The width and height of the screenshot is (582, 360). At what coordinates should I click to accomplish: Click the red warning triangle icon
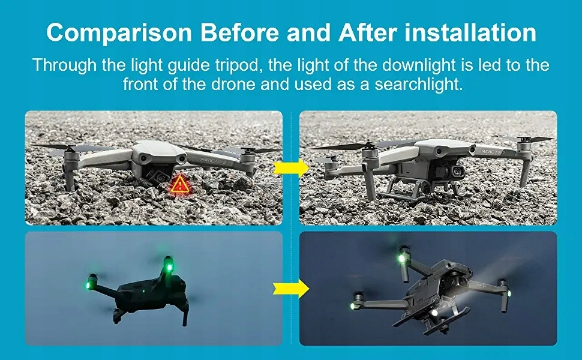180,184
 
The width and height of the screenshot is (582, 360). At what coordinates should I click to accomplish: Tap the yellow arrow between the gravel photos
291,168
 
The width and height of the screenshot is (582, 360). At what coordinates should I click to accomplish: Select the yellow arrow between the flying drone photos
291,289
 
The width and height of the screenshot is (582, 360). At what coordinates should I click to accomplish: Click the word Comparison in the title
119,34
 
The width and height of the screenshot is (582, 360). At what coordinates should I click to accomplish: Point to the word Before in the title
240,32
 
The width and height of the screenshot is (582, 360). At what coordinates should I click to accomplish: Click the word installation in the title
470,32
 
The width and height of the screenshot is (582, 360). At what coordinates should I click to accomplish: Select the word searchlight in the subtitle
418,84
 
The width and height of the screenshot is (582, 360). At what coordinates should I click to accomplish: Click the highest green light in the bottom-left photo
169,267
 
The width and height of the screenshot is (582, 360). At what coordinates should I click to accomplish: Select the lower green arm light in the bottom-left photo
88,285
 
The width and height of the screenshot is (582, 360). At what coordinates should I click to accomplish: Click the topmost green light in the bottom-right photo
401,257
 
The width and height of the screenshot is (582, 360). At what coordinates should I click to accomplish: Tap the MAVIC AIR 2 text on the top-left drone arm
213,162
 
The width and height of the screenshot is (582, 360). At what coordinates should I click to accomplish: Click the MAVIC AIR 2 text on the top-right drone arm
493,152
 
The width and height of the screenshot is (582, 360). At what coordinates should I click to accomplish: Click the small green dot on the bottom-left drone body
143,291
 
